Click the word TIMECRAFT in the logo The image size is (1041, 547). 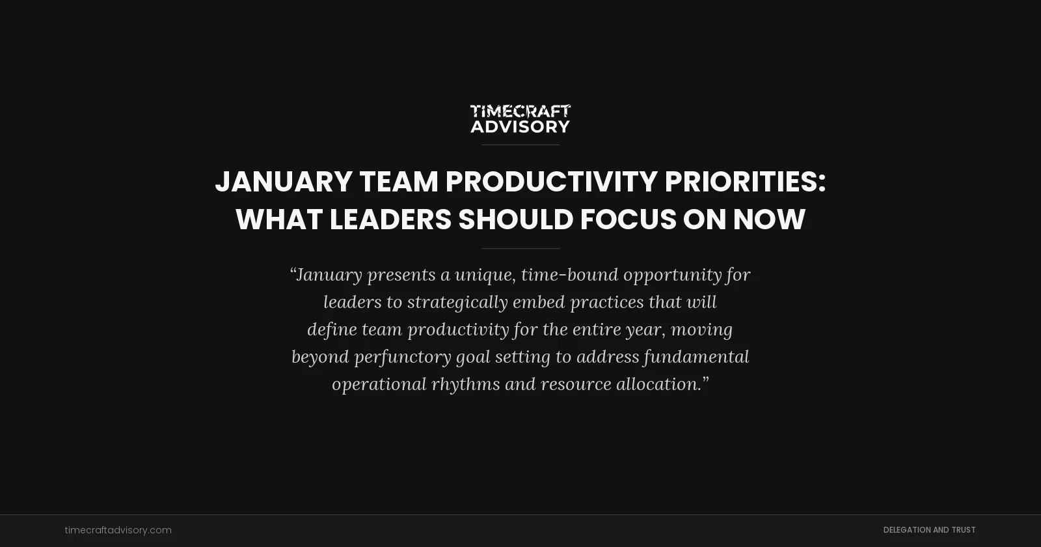click(x=520, y=111)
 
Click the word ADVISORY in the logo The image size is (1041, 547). click(x=520, y=126)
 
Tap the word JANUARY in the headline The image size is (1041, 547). click(x=284, y=182)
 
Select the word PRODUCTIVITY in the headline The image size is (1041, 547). click(x=551, y=182)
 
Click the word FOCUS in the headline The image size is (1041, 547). click(x=628, y=219)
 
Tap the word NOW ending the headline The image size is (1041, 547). click(x=769, y=219)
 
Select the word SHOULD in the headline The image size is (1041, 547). click(x=515, y=219)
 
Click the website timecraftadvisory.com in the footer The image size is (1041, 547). click(x=118, y=530)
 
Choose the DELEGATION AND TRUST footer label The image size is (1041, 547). click(x=929, y=530)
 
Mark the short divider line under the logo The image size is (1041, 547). click(x=520, y=145)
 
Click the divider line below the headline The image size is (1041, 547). click(x=520, y=248)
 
